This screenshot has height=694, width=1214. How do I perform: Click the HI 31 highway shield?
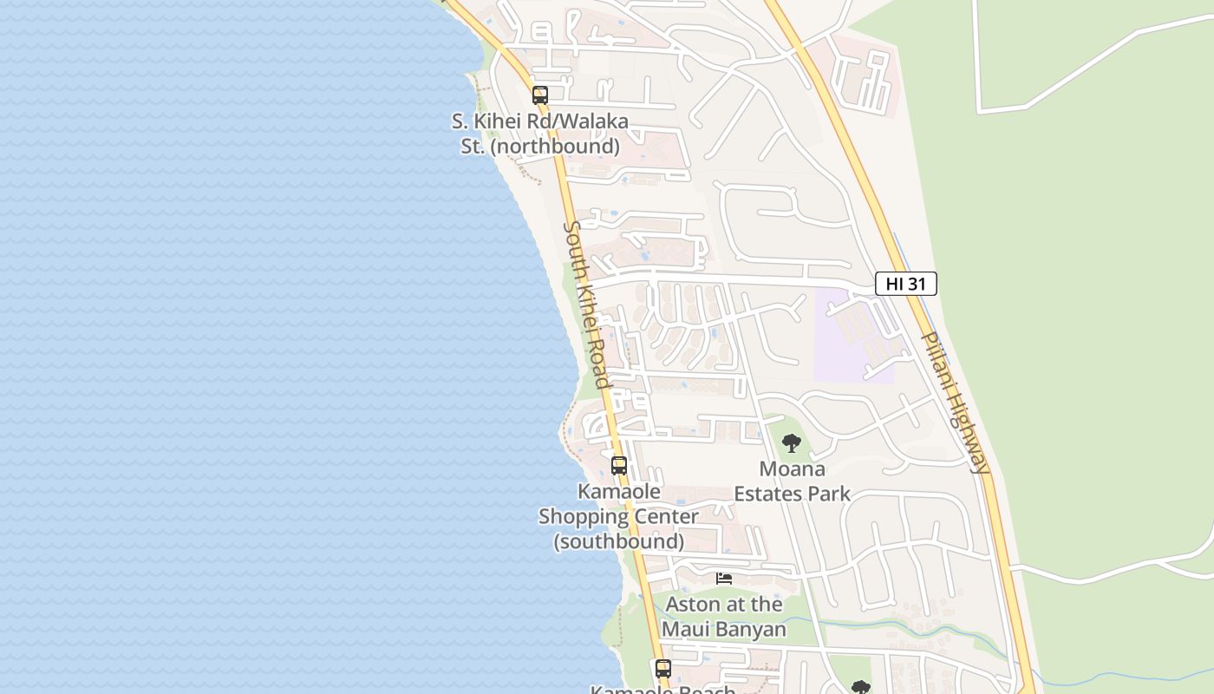[905, 284]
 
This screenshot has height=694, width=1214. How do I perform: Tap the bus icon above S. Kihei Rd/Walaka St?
[540, 95]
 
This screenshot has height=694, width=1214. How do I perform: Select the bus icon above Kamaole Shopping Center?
[619, 466]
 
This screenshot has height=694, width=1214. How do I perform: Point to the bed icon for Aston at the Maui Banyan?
[724, 579]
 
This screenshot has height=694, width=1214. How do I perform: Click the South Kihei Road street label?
[587, 304]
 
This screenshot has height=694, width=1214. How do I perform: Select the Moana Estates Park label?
[792, 481]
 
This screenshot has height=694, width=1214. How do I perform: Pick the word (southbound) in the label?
[619, 541]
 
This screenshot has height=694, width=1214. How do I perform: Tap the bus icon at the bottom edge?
[663, 669]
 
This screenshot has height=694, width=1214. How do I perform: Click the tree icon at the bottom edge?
[860, 687]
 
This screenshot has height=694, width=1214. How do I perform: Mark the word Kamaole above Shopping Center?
[619, 492]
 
